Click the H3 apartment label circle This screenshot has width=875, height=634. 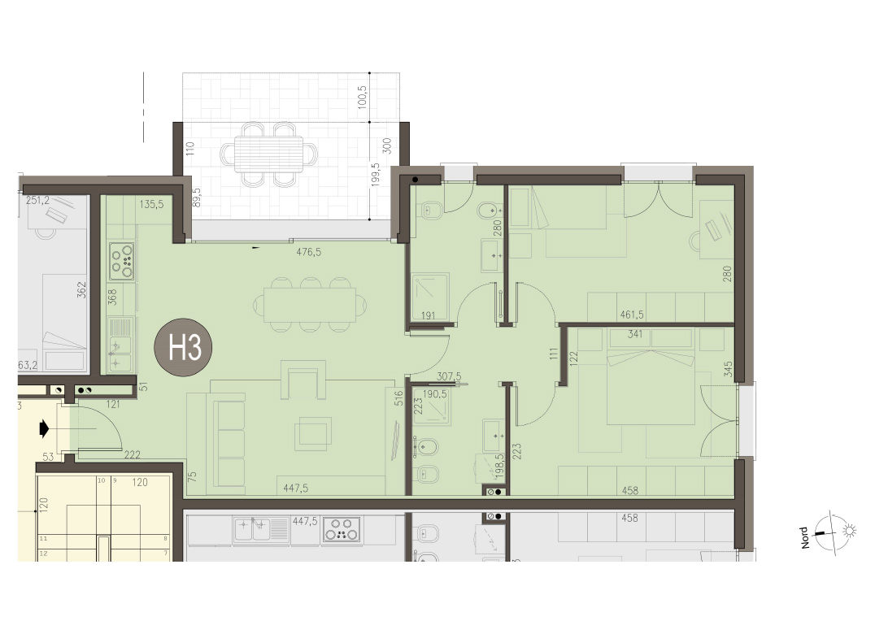183,347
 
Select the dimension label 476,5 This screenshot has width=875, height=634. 308,252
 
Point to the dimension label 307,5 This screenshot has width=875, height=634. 449,377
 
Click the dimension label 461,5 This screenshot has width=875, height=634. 632,315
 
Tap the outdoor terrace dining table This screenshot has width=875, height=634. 269,154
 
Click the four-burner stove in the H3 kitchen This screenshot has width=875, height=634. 122,260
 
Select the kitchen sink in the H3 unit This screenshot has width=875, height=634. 121,345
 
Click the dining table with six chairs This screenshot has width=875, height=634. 311,305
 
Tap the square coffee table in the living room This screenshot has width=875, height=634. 312,434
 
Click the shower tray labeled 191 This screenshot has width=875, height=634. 430,297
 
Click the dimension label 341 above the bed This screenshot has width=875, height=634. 635,334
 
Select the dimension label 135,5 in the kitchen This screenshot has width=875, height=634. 152,205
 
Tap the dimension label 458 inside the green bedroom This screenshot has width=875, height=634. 630,491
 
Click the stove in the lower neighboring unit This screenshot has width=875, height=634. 341,530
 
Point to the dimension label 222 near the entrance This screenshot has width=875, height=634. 133,455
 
